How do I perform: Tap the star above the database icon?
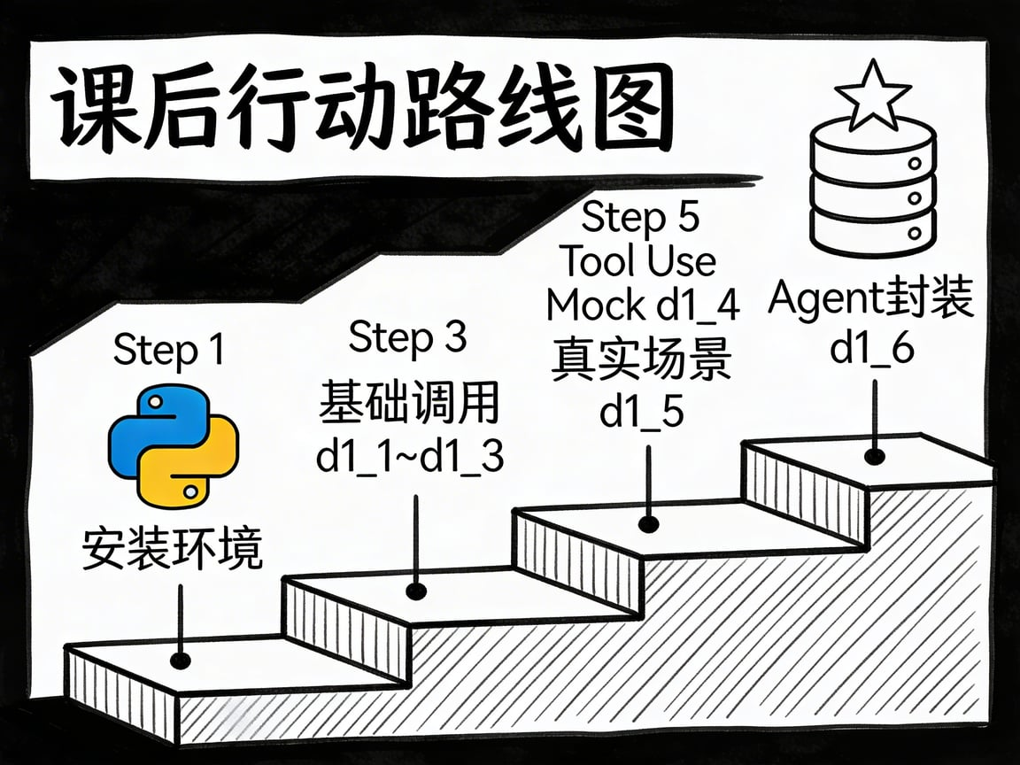click(x=873, y=95)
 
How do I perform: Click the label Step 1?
click(x=168, y=351)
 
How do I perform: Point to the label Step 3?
click(x=408, y=337)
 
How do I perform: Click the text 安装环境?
click(x=173, y=549)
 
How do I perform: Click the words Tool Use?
click(x=639, y=261)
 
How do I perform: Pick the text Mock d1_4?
click(x=642, y=305)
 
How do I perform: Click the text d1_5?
click(x=642, y=412)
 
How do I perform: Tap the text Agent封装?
click(x=871, y=299)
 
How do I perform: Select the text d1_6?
click(x=871, y=349)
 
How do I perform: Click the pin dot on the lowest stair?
click(x=182, y=661)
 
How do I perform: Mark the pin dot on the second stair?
click(x=413, y=591)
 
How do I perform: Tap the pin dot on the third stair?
click(x=649, y=524)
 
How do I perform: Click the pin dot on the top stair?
click(x=875, y=457)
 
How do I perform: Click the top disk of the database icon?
click(x=872, y=142)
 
